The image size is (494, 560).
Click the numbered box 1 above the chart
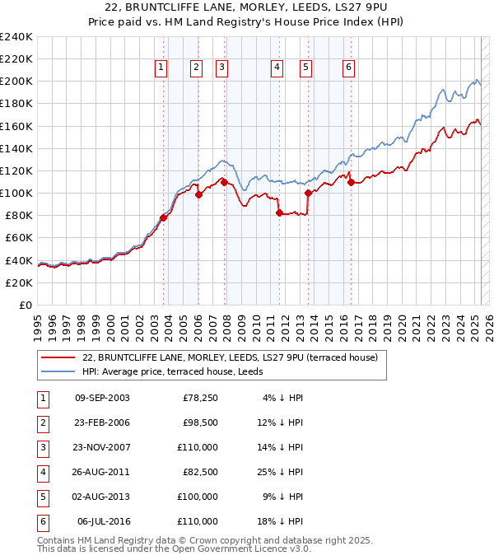coord(161,68)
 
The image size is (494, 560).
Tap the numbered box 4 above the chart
coord(277,68)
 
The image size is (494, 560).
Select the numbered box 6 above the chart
coord(348,68)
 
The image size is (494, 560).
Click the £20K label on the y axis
coord(19,282)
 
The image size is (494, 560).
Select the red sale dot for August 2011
coord(279,212)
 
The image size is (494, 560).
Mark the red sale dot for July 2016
coord(351,182)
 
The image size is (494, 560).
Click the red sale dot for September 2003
coord(163,217)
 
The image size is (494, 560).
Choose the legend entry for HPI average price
coord(172,371)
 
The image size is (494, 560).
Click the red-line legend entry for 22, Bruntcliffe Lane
coord(230,357)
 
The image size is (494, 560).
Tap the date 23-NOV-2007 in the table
coord(102,447)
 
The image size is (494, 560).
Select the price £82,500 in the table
coord(198,472)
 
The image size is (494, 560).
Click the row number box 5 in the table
coord(42,497)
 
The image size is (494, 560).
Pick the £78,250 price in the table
coord(198,398)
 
